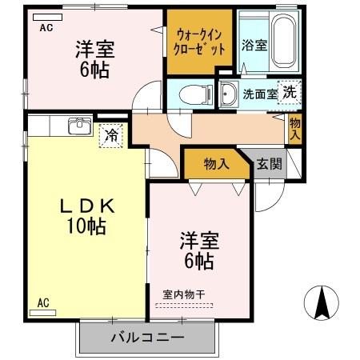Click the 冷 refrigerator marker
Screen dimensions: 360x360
(x=112, y=134)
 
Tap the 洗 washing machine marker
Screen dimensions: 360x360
(x=288, y=91)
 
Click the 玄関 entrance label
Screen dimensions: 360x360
(x=268, y=164)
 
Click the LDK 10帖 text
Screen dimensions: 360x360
(x=90, y=215)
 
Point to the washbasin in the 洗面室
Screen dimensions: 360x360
(x=228, y=90)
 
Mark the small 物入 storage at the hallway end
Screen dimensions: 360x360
(x=295, y=128)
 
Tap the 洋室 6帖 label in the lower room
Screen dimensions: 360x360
(x=197, y=249)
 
